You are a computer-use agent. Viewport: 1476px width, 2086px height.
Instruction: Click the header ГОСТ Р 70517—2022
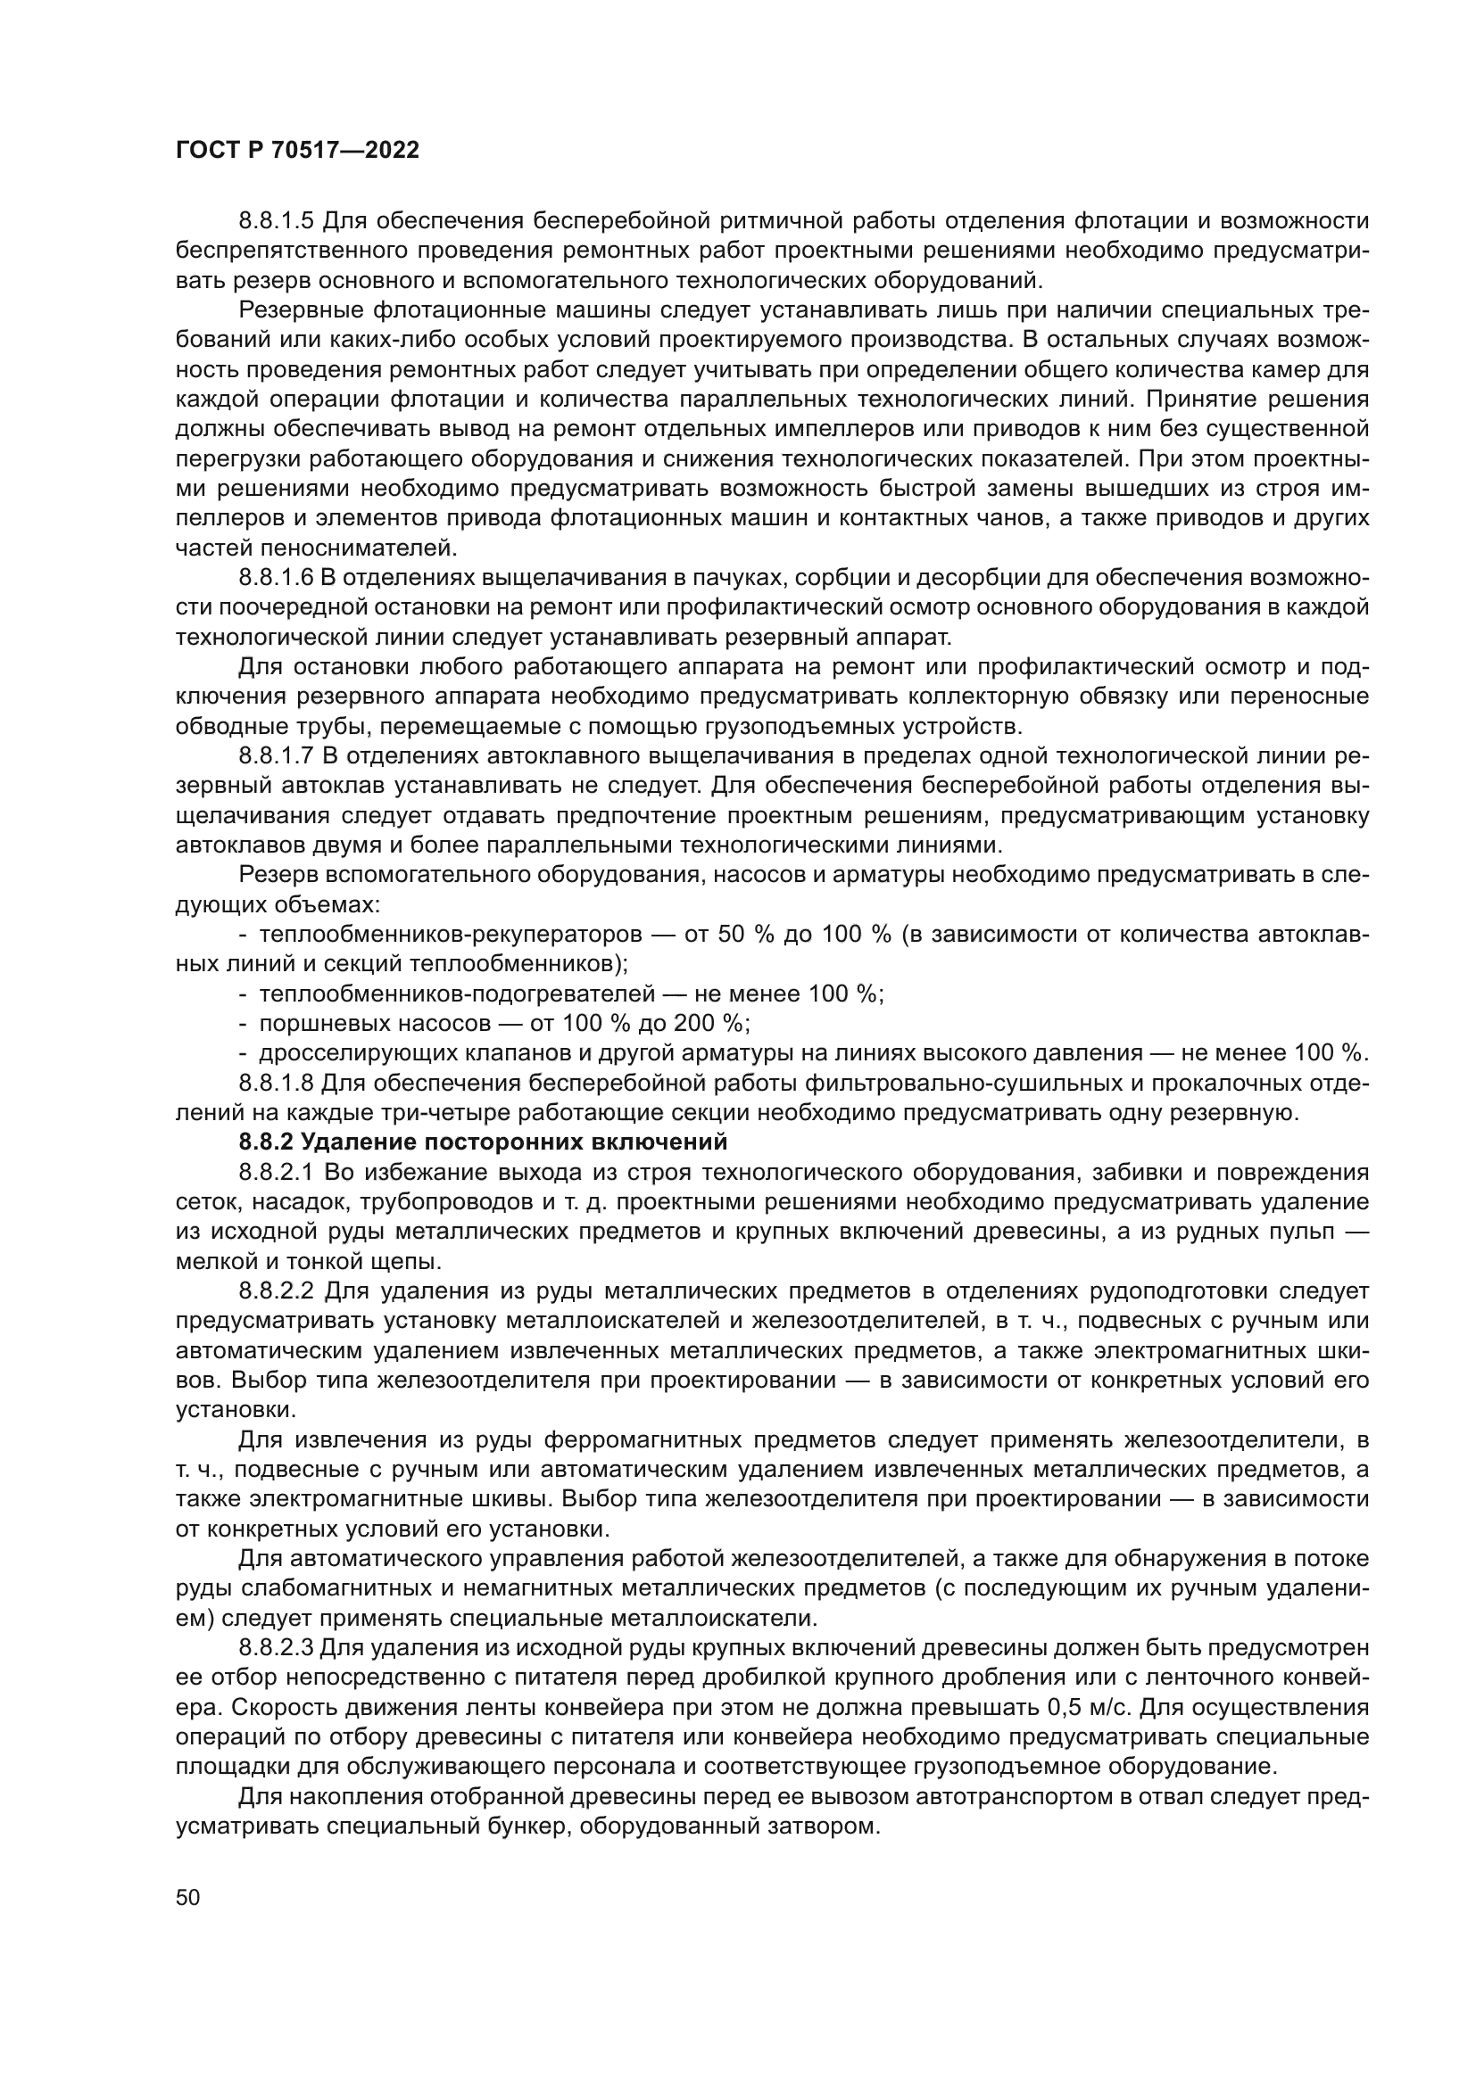[x=297, y=151]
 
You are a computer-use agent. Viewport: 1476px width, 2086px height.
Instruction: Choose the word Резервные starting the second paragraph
[x=300, y=310]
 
